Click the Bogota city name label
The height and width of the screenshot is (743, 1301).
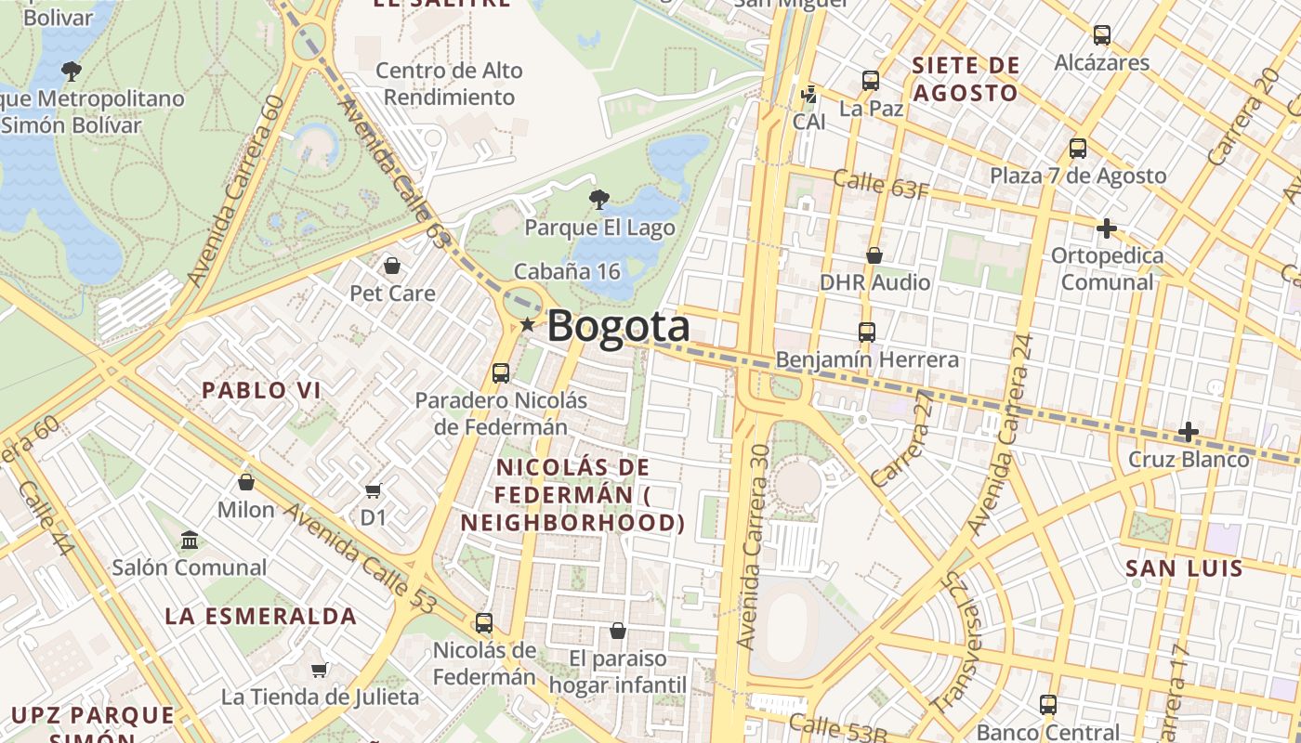click(618, 326)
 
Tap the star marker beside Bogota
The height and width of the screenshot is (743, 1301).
click(528, 325)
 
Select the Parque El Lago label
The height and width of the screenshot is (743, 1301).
click(599, 228)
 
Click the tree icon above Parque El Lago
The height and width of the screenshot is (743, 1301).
click(599, 198)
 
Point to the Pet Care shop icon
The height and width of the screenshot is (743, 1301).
click(392, 267)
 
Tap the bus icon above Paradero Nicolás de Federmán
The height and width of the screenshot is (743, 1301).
click(500, 373)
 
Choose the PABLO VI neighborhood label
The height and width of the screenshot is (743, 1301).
click(262, 390)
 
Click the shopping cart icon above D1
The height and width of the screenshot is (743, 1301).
click(373, 490)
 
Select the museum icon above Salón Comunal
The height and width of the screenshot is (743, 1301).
click(190, 540)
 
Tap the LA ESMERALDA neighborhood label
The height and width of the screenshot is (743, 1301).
click(261, 616)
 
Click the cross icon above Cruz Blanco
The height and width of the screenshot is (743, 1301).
click(1188, 432)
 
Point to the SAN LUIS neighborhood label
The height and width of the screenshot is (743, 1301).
click(1184, 568)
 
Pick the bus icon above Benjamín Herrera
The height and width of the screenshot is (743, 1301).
click(866, 332)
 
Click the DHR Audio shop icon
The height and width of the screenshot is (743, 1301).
click(874, 255)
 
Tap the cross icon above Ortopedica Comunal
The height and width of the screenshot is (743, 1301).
click(1106, 228)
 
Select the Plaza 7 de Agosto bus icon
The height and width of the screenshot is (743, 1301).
click(1077, 149)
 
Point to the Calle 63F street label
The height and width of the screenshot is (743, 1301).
click(880, 184)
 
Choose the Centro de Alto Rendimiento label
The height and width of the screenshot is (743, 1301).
click(449, 84)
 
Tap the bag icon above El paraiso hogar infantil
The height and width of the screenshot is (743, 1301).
click(617, 632)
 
